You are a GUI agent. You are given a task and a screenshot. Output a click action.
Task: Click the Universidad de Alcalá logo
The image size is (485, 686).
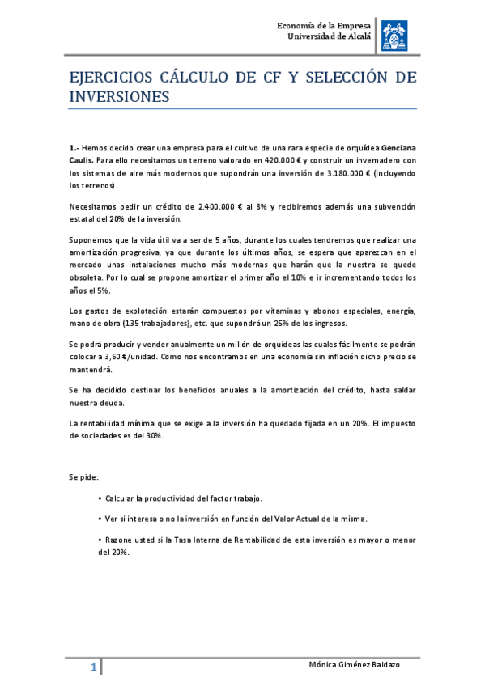[396, 32]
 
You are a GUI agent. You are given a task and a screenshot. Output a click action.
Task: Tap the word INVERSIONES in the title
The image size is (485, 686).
[119, 97]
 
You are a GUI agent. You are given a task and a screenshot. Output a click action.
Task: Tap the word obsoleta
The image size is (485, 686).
[89, 277]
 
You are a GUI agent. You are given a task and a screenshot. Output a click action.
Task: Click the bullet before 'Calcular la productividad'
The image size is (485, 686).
[99, 498]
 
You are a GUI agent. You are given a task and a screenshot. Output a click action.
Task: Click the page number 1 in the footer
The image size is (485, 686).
[94, 668]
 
